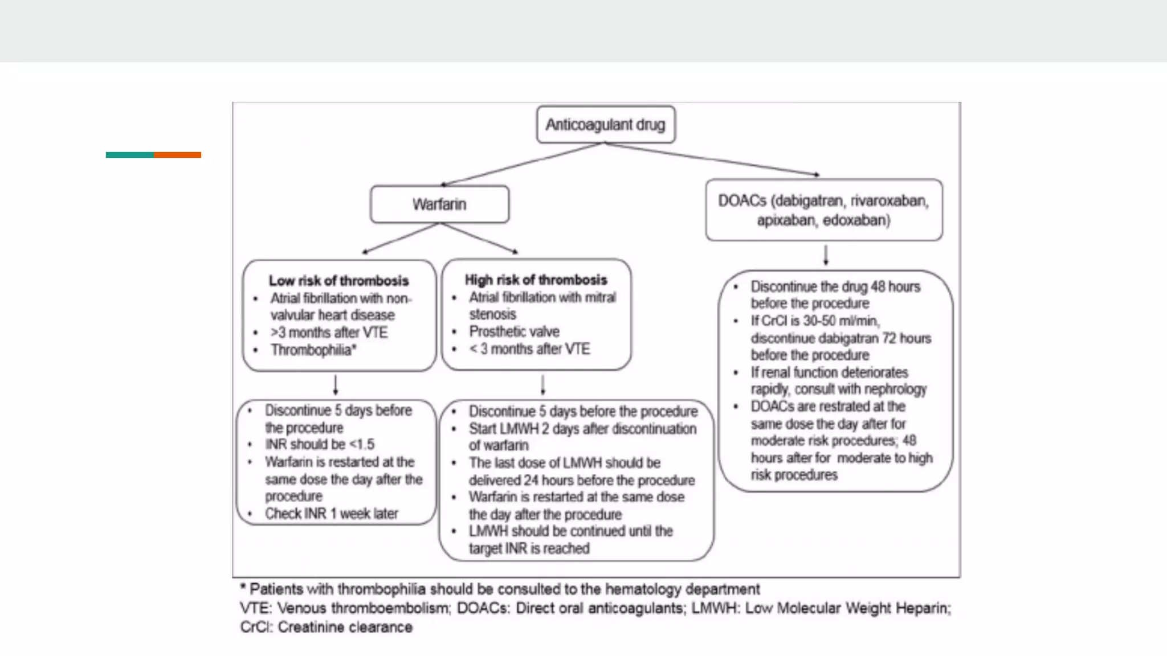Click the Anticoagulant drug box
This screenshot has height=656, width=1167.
pyautogui.click(x=606, y=124)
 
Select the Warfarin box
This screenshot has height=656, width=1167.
pyautogui.click(x=439, y=204)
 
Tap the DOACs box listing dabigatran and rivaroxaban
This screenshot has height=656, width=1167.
pyautogui.click(x=823, y=210)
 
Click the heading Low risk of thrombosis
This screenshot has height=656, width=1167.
pyautogui.click(x=338, y=281)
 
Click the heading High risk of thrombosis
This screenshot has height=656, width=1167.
pyautogui.click(x=536, y=280)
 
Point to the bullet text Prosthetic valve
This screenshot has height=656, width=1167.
pyautogui.click(x=514, y=331)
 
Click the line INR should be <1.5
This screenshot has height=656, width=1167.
pyautogui.click(x=319, y=444)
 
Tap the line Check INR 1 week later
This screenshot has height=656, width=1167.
pyautogui.click(x=331, y=514)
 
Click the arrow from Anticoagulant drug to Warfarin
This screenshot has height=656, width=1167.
pyautogui.click(x=521, y=164)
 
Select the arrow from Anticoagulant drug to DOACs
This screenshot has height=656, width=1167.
pyautogui.click(x=712, y=159)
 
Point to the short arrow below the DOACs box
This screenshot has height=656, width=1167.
pyautogui.click(x=826, y=255)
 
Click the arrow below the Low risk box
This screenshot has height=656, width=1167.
pyautogui.click(x=336, y=385)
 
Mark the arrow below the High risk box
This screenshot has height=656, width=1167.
pyautogui.click(x=543, y=385)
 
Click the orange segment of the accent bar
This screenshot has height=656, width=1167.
pyautogui.click(x=177, y=155)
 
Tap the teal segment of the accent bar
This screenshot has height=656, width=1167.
pyautogui.click(x=129, y=155)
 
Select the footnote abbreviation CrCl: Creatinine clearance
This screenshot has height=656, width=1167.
pyautogui.click(x=326, y=627)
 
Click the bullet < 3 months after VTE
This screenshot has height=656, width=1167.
pyautogui.click(x=529, y=349)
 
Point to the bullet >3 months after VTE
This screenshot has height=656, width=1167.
pyautogui.click(x=329, y=333)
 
